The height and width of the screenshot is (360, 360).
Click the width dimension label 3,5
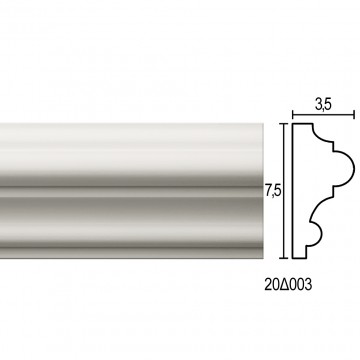(x=323, y=105)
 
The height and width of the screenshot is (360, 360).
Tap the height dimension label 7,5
(x=274, y=191)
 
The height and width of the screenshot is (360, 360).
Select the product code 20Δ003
(x=288, y=285)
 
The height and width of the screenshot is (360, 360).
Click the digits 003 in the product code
(x=301, y=285)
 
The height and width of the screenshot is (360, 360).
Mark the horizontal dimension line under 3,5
(x=323, y=115)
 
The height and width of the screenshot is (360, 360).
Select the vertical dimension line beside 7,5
(x=283, y=191)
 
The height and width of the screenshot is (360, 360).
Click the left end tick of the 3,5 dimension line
(x=293, y=115)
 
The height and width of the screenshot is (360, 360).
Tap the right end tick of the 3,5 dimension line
(x=354, y=115)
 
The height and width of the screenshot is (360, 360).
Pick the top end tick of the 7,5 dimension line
(x=283, y=124)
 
